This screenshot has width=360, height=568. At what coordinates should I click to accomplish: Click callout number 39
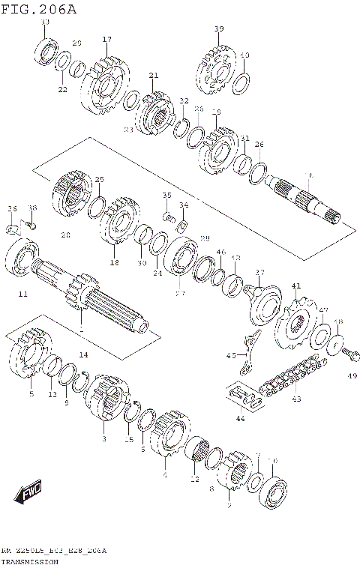tap(218, 29)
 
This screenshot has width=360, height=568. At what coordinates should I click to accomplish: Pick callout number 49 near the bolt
tap(352, 376)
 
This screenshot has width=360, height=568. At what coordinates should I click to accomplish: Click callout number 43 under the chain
tap(296, 399)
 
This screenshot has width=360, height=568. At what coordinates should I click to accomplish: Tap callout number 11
tap(22, 294)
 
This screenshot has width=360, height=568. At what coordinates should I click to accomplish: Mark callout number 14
tap(83, 354)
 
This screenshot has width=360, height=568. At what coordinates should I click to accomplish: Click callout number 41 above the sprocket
tap(296, 285)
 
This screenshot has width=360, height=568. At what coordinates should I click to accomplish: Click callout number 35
tap(167, 196)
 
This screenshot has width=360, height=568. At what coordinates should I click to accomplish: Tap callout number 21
tap(154, 76)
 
